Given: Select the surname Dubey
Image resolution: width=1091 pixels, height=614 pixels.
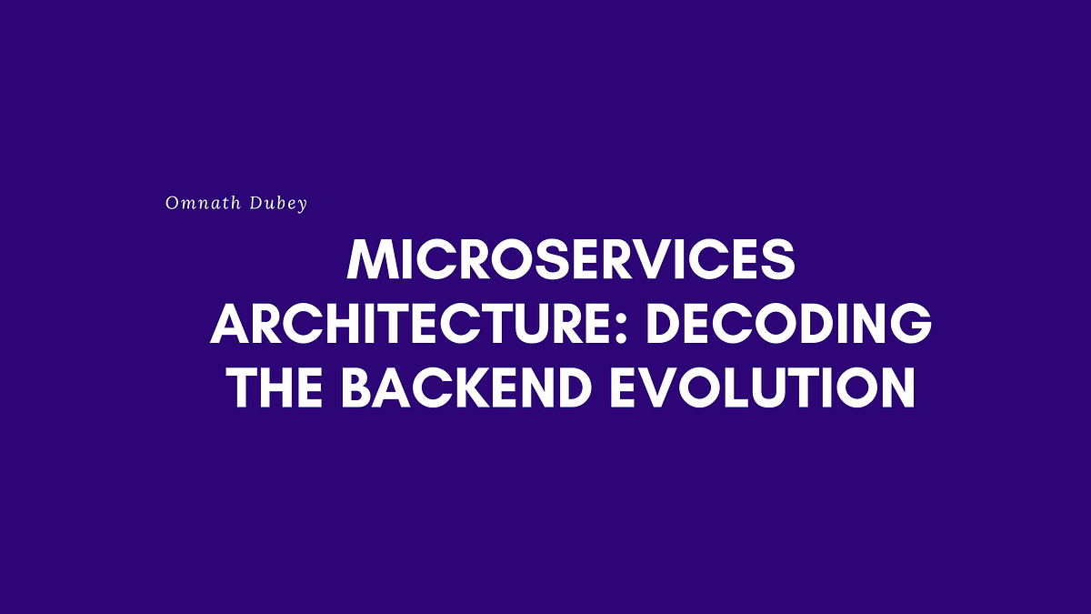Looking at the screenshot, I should coord(280,204).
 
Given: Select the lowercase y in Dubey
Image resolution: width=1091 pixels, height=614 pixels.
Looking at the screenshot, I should coord(303,206).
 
